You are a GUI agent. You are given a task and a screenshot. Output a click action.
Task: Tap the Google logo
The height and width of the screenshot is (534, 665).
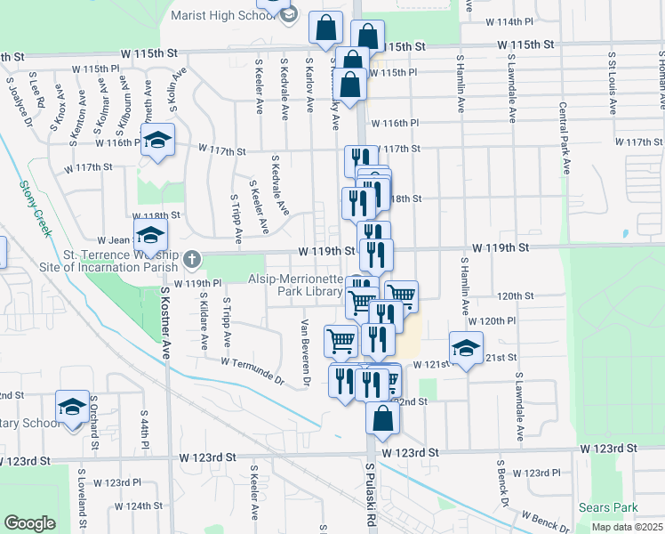[29, 523]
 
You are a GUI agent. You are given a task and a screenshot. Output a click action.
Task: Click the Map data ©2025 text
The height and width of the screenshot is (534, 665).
[627, 527]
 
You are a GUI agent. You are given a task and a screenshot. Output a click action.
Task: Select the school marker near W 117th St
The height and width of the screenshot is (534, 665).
[158, 141]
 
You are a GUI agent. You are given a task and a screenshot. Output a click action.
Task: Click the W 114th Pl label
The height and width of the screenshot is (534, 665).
[509, 20]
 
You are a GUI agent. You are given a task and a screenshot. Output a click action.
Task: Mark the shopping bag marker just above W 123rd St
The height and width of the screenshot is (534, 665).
[381, 418]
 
